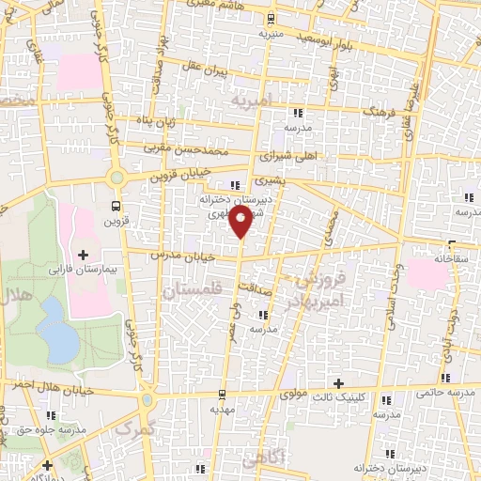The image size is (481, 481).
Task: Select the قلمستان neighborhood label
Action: pyautogui.click(x=189, y=292)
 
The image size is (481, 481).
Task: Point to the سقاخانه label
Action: pyautogui.click(x=453, y=256)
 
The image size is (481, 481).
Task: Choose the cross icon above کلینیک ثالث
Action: pyautogui.click(x=339, y=383)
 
